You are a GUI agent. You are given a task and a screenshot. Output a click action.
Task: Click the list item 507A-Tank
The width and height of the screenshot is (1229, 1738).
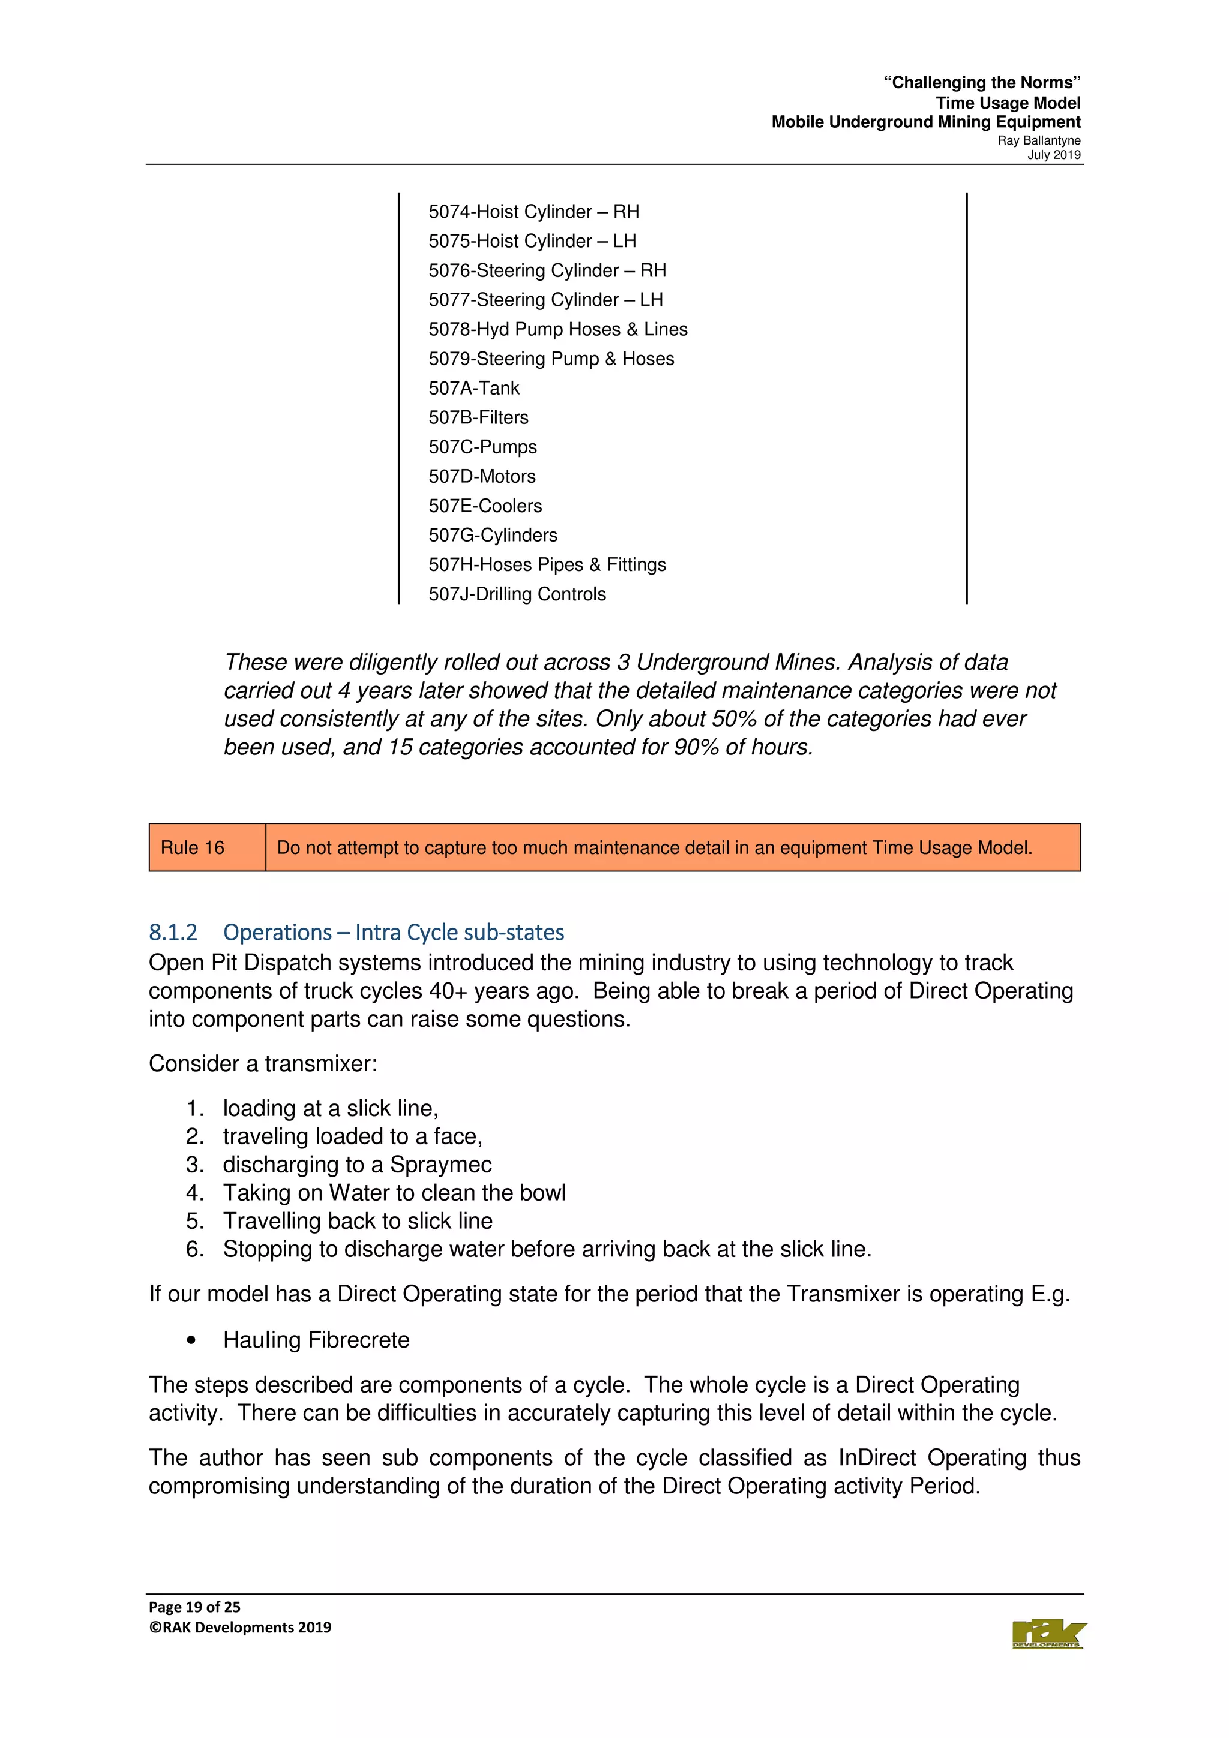(x=474, y=389)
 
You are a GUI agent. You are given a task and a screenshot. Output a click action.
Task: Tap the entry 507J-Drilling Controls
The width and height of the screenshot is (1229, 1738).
(x=517, y=594)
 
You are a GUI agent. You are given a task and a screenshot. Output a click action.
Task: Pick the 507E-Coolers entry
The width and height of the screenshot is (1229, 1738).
(x=485, y=506)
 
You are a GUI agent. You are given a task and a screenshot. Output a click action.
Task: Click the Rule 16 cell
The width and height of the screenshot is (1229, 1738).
(x=193, y=848)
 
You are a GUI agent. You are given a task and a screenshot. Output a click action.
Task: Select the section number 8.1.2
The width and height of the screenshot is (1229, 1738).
(x=173, y=933)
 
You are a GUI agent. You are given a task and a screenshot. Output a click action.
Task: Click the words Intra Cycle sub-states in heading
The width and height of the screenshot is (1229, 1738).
(x=460, y=933)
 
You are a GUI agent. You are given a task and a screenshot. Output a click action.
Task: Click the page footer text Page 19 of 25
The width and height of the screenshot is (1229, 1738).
(x=194, y=1607)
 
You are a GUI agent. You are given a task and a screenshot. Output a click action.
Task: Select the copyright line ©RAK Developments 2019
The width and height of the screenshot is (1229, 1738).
(x=240, y=1628)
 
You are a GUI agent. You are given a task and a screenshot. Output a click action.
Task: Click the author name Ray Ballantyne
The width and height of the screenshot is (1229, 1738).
(x=1038, y=141)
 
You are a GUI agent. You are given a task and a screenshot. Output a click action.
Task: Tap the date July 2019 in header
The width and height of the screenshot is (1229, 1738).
(x=1053, y=155)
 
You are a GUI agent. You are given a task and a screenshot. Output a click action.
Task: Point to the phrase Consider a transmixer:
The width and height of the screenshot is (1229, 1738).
(x=263, y=1063)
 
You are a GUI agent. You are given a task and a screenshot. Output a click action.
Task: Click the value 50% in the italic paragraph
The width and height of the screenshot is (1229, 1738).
(x=735, y=719)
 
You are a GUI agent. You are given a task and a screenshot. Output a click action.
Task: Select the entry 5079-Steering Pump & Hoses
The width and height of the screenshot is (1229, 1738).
(x=551, y=359)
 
